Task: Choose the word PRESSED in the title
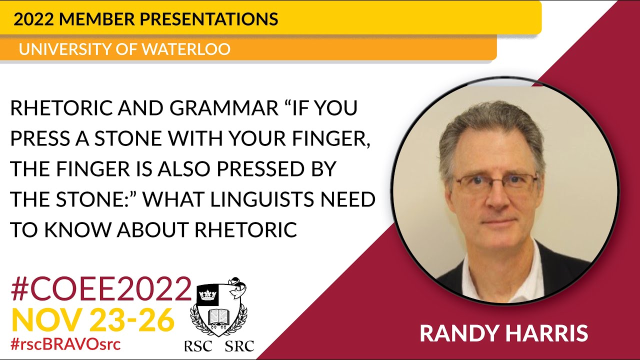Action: point(258,169)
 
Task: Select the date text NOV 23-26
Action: point(93,320)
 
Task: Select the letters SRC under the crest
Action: point(239,345)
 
